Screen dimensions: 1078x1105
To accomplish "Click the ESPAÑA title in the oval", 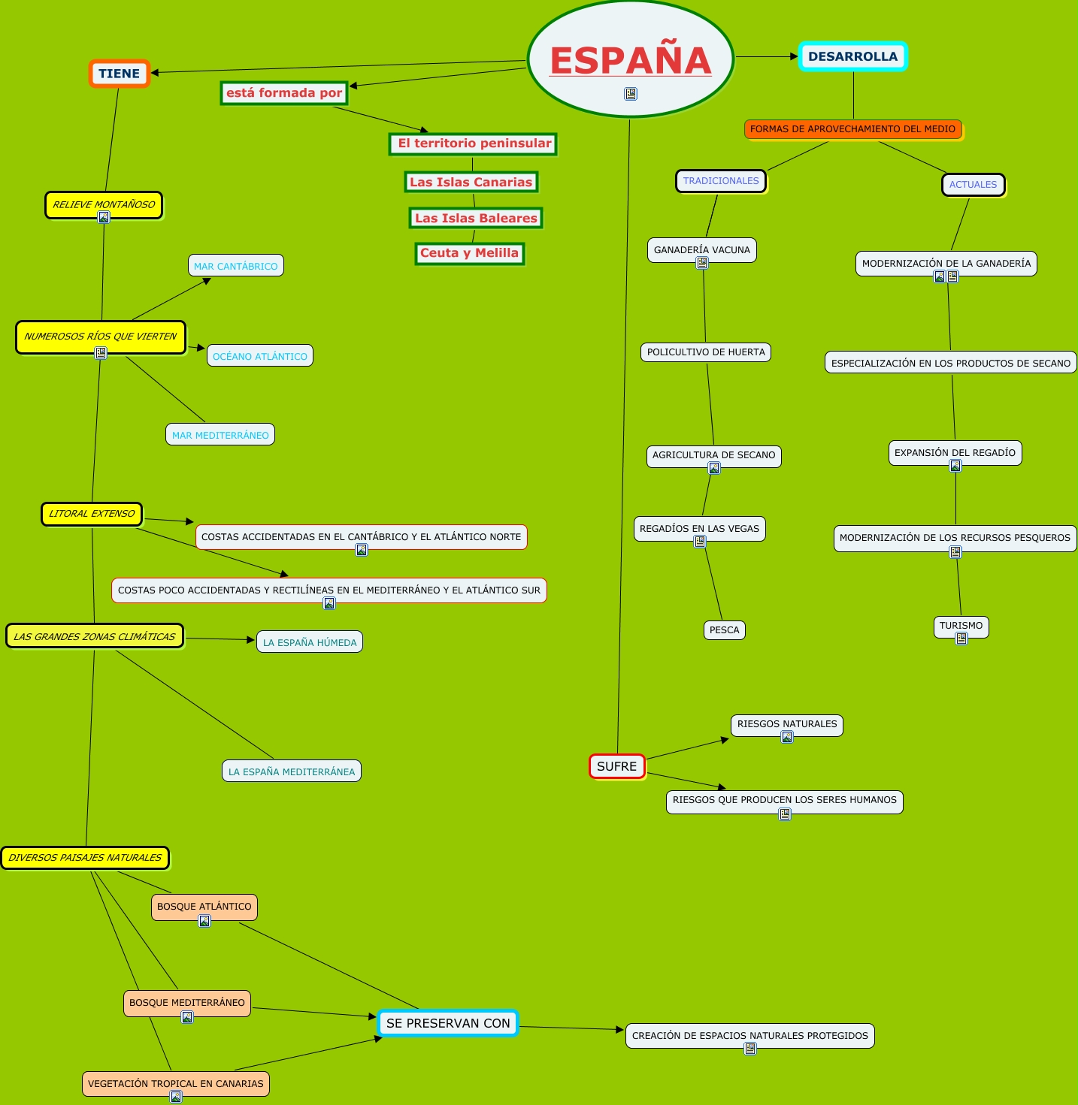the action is (x=630, y=60).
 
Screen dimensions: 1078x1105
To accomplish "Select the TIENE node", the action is (x=120, y=74).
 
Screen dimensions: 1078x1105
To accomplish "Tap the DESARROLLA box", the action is (x=852, y=56).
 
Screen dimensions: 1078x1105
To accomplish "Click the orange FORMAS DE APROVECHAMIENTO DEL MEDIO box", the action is (x=852, y=129).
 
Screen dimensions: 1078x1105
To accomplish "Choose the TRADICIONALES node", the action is (x=721, y=181).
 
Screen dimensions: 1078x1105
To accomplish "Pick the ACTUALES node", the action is (x=973, y=185).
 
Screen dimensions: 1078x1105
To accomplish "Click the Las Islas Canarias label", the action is (x=471, y=182).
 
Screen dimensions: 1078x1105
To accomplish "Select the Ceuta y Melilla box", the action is (x=469, y=253).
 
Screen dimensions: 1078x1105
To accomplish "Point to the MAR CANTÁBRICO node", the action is (x=235, y=266).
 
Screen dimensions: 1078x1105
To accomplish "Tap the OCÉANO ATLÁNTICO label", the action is (x=259, y=356).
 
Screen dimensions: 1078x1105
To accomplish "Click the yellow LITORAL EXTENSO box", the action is (x=92, y=514).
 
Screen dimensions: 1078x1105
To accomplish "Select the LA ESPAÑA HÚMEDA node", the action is (x=310, y=642).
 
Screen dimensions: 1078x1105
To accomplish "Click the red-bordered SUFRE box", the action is (x=616, y=766).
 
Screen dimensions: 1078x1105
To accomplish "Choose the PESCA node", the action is (x=724, y=630).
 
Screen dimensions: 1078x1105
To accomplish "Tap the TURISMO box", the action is (x=961, y=626).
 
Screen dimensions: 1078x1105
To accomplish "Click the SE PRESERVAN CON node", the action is (x=448, y=1023).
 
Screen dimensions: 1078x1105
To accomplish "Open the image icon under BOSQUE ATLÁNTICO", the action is (x=204, y=921).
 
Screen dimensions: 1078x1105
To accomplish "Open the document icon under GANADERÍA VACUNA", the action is (x=702, y=263).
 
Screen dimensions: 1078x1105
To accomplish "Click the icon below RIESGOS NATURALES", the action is (x=787, y=737).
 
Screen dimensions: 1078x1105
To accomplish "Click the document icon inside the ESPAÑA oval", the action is (x=631, y=94).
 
